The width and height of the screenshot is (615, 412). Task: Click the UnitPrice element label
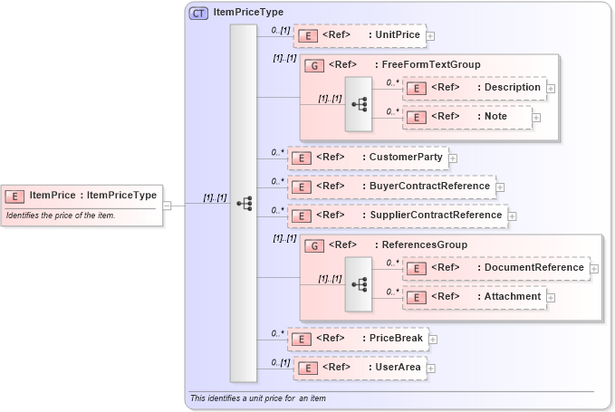click(x=397, y=35)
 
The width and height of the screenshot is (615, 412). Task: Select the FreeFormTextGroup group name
click(x=431, y=65)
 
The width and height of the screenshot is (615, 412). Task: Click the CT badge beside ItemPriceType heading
click(x=198, y=13)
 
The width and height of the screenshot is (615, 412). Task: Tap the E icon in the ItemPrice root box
click(x=15, y=196)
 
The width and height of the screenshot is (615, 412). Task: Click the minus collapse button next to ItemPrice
click(x=168, y=205)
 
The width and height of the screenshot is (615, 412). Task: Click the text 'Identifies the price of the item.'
click(x=61, y=216)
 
